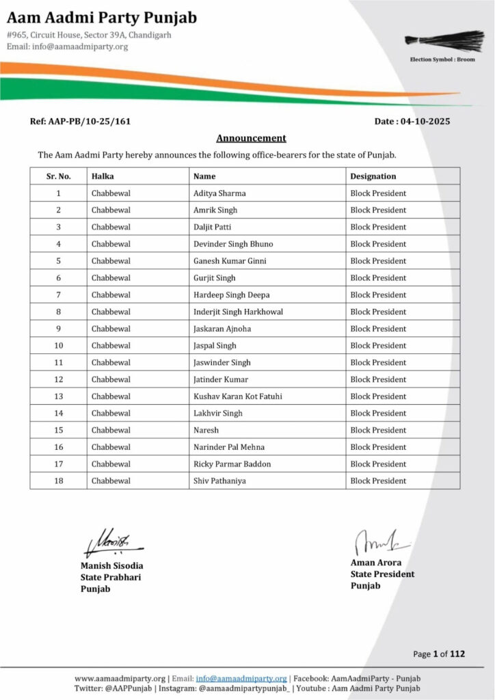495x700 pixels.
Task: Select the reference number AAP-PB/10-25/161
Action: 80,122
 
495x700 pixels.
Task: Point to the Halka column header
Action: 103,176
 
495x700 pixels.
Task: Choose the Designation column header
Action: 373,176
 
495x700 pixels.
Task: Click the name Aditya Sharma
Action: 219,193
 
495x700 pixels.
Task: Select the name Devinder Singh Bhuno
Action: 233,244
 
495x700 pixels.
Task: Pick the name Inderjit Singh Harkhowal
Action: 238,312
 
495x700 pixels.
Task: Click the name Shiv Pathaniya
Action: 219,481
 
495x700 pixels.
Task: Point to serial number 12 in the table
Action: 59,379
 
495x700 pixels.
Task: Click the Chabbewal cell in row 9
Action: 111,329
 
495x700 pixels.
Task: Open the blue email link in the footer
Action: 241,678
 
